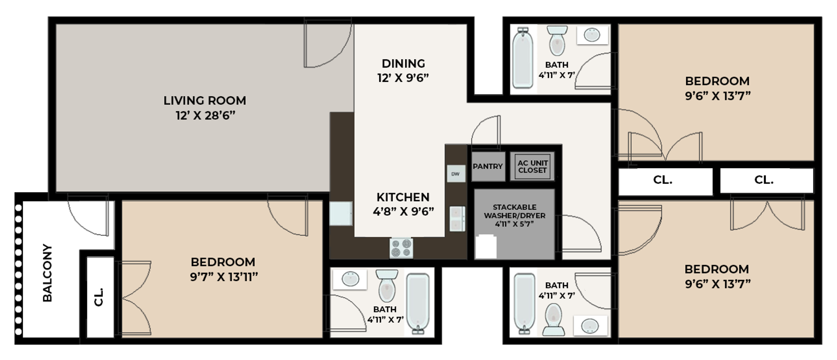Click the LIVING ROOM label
click(x=204, y=101)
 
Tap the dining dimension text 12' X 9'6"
click(x=403, y=78)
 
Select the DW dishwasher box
click(x=456, y=174)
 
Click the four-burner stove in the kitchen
click(x=401, y=248)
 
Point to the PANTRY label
click(x=488, y=166)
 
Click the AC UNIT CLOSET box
click(x=532, y=166)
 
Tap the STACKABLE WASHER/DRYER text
click(x=514, y=211)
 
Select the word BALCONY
click(x=47, y=273)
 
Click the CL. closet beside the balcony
click(x=100, y=297)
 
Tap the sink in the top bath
click(x=592, y=35)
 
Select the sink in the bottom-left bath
click(x=350, y=279)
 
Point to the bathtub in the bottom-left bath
click(x=418, y=302)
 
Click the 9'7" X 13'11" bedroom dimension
click(x=224, y=277)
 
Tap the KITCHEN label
click(x=403, y=197)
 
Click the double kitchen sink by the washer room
click(x=457, y=219)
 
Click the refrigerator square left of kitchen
click(x=340, y=214)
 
